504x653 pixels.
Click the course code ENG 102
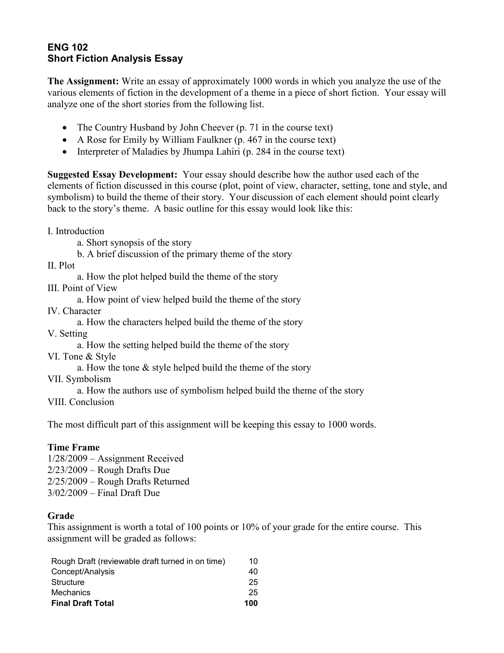[68, 47]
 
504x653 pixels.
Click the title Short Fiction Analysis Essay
[115, 59]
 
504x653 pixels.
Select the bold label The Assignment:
[83, 81]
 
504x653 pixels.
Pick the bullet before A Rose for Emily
[65, 140]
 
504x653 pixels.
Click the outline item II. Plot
[61, 266]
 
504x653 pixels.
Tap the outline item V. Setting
[67, 334]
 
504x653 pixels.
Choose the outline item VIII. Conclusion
[81, 402]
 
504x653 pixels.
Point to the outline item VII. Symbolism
[79, 379]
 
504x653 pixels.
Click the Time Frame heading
[74, 447]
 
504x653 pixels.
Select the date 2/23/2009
[67, 470]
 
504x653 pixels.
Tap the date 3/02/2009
[67, 493]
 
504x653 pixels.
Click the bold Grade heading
[60, 516]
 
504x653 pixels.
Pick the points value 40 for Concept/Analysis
[253, 572]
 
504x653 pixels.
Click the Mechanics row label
[71, 592]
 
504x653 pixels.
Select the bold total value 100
[251, 603]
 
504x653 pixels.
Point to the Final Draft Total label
[82, 603]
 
